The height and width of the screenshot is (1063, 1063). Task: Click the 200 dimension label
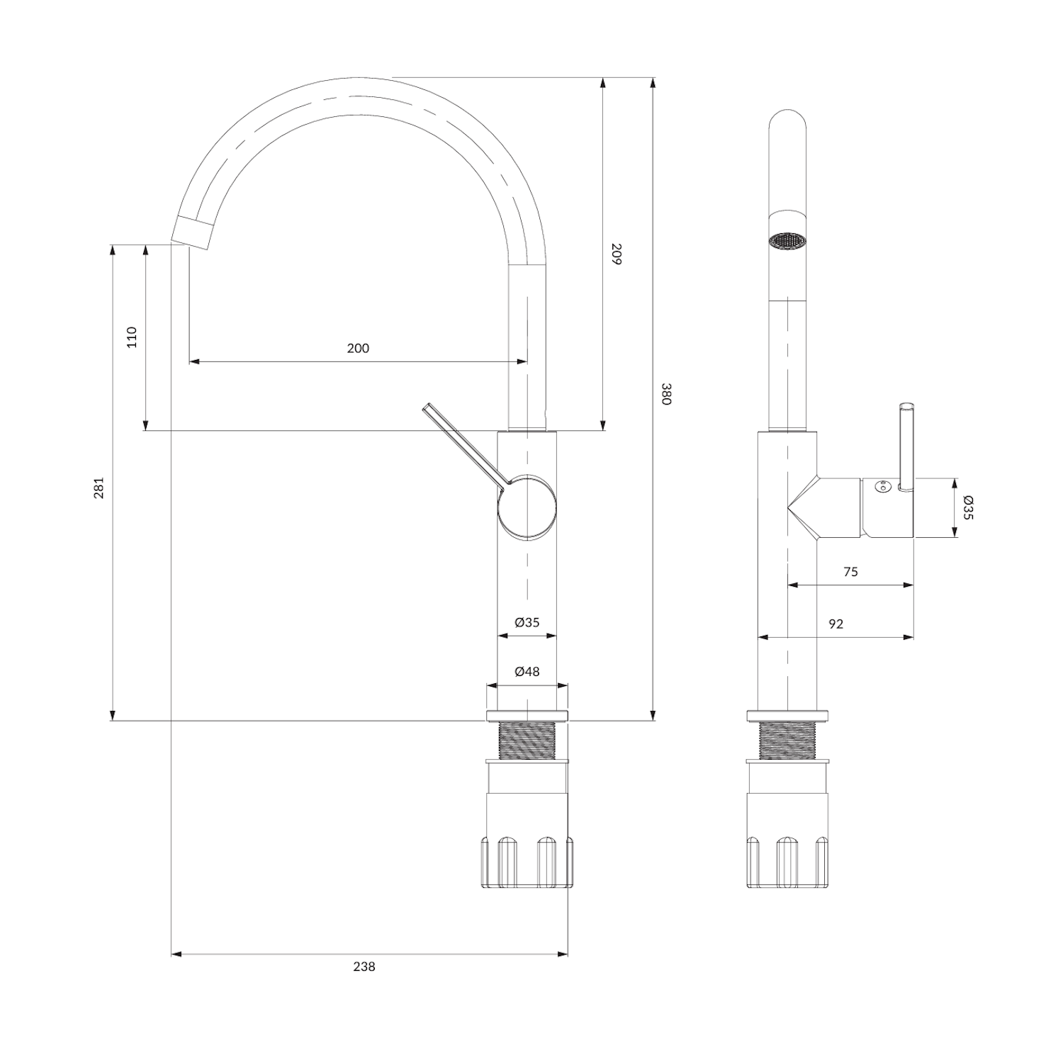click(x=358, y=348)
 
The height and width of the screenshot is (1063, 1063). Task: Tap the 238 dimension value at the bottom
click(x=364, y=967)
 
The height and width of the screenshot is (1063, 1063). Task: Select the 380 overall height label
click(x=666, y=394)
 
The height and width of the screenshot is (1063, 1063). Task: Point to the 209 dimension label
click(x=616, y=254)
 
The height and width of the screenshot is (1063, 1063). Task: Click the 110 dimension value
click(x=132, y=337)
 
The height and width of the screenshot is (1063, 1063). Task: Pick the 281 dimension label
click(x=99, y=488)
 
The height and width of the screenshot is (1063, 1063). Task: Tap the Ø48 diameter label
click(x=527, y=671)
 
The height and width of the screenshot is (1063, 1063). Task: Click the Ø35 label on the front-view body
click(x=527, y=622)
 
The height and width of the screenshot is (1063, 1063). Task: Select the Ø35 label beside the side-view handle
click(x=969, y=508)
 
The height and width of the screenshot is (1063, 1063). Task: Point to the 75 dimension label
click(x=851, y=572)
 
